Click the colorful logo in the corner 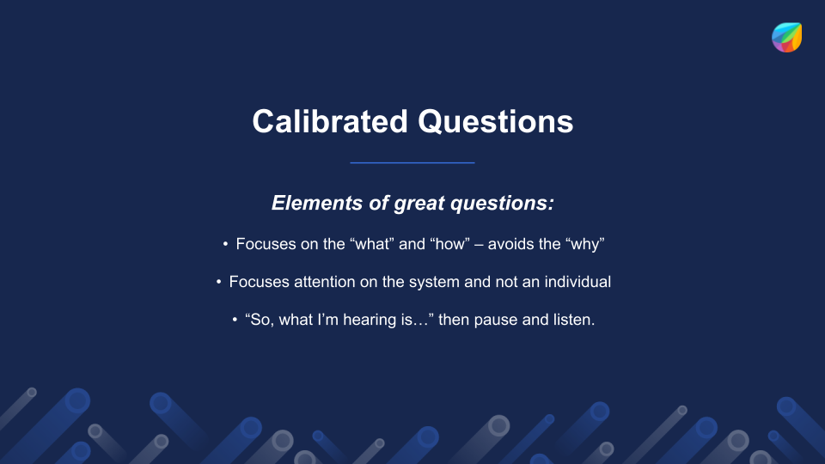coord(786,37)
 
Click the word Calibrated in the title coord(330,121)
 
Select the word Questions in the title coord(495,121)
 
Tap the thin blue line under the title coord(412,162)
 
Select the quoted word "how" coord(449,244)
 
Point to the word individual coord(577,282)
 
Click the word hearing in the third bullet coord(369,320)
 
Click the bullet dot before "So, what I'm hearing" coord(235,320)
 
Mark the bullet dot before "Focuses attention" coord(219,282)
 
